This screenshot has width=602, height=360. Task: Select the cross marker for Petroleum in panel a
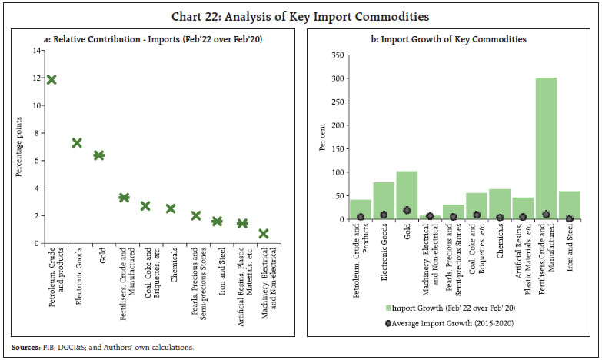click(x=51, y=79)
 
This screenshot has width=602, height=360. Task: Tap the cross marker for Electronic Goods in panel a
click(x=76, y=143)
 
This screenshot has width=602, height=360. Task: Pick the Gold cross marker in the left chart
click(x=98, y=155)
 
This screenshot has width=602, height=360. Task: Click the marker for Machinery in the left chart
click(x=263, y=234)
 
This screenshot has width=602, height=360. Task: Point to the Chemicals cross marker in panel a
click(x=171, y=208)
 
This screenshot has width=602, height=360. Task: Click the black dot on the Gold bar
click(x=406, y=210)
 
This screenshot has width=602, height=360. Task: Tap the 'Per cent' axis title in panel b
click(x=323, y=138)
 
